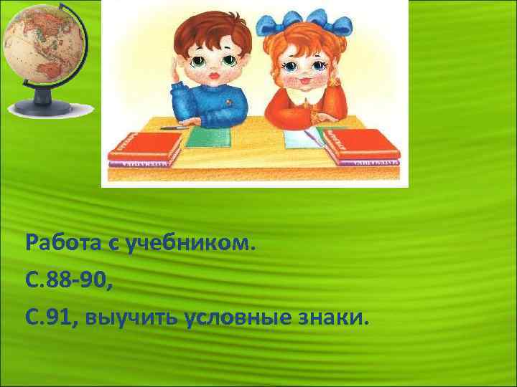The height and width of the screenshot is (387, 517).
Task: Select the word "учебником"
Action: (x=190, y=245)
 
